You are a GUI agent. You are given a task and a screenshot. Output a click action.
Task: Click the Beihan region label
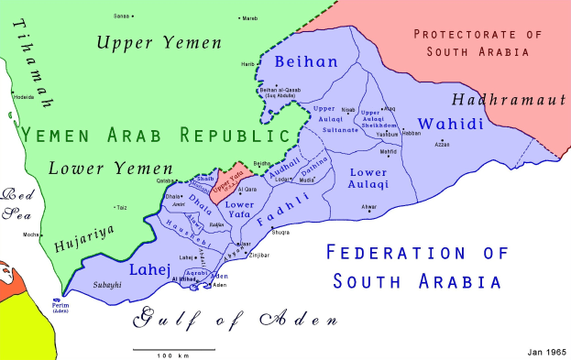click(x=307, y=62)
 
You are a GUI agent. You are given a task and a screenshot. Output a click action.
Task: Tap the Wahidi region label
click(x=445, y=123)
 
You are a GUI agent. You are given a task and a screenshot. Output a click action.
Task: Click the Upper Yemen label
click(x=159, y=42)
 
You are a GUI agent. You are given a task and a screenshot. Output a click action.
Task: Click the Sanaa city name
click(x=120, y=16)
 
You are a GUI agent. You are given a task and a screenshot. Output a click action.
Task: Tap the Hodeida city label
click(x=23, y=95)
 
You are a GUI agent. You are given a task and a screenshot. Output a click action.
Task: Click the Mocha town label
click(x=31, y=235)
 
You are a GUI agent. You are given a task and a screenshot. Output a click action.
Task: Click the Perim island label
click(x=60, y=305)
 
